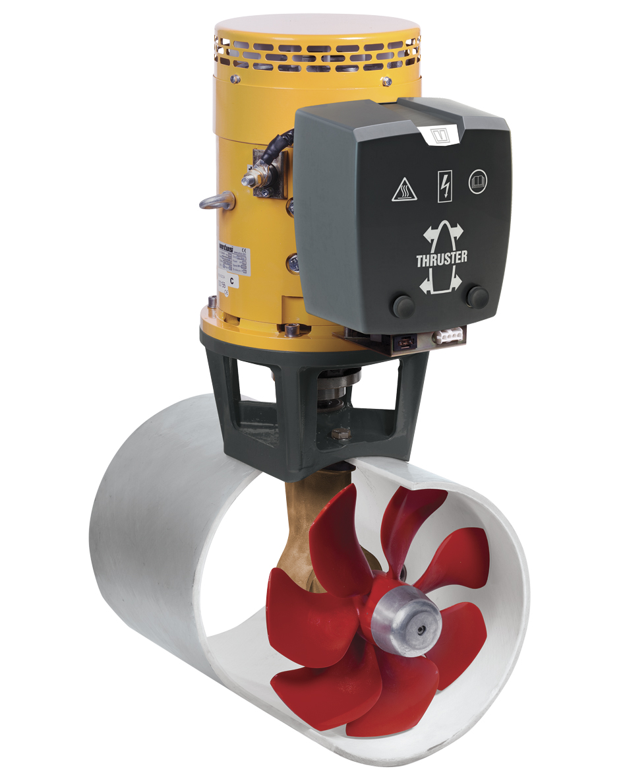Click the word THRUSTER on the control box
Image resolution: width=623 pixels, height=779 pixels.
point(442,259)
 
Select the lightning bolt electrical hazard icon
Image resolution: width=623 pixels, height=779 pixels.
point(444,187)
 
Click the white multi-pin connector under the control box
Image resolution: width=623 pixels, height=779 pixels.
point(449,336)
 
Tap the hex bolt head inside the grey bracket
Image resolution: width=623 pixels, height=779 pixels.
point(341,433)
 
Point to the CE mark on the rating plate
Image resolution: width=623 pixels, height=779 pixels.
point(242,249)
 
